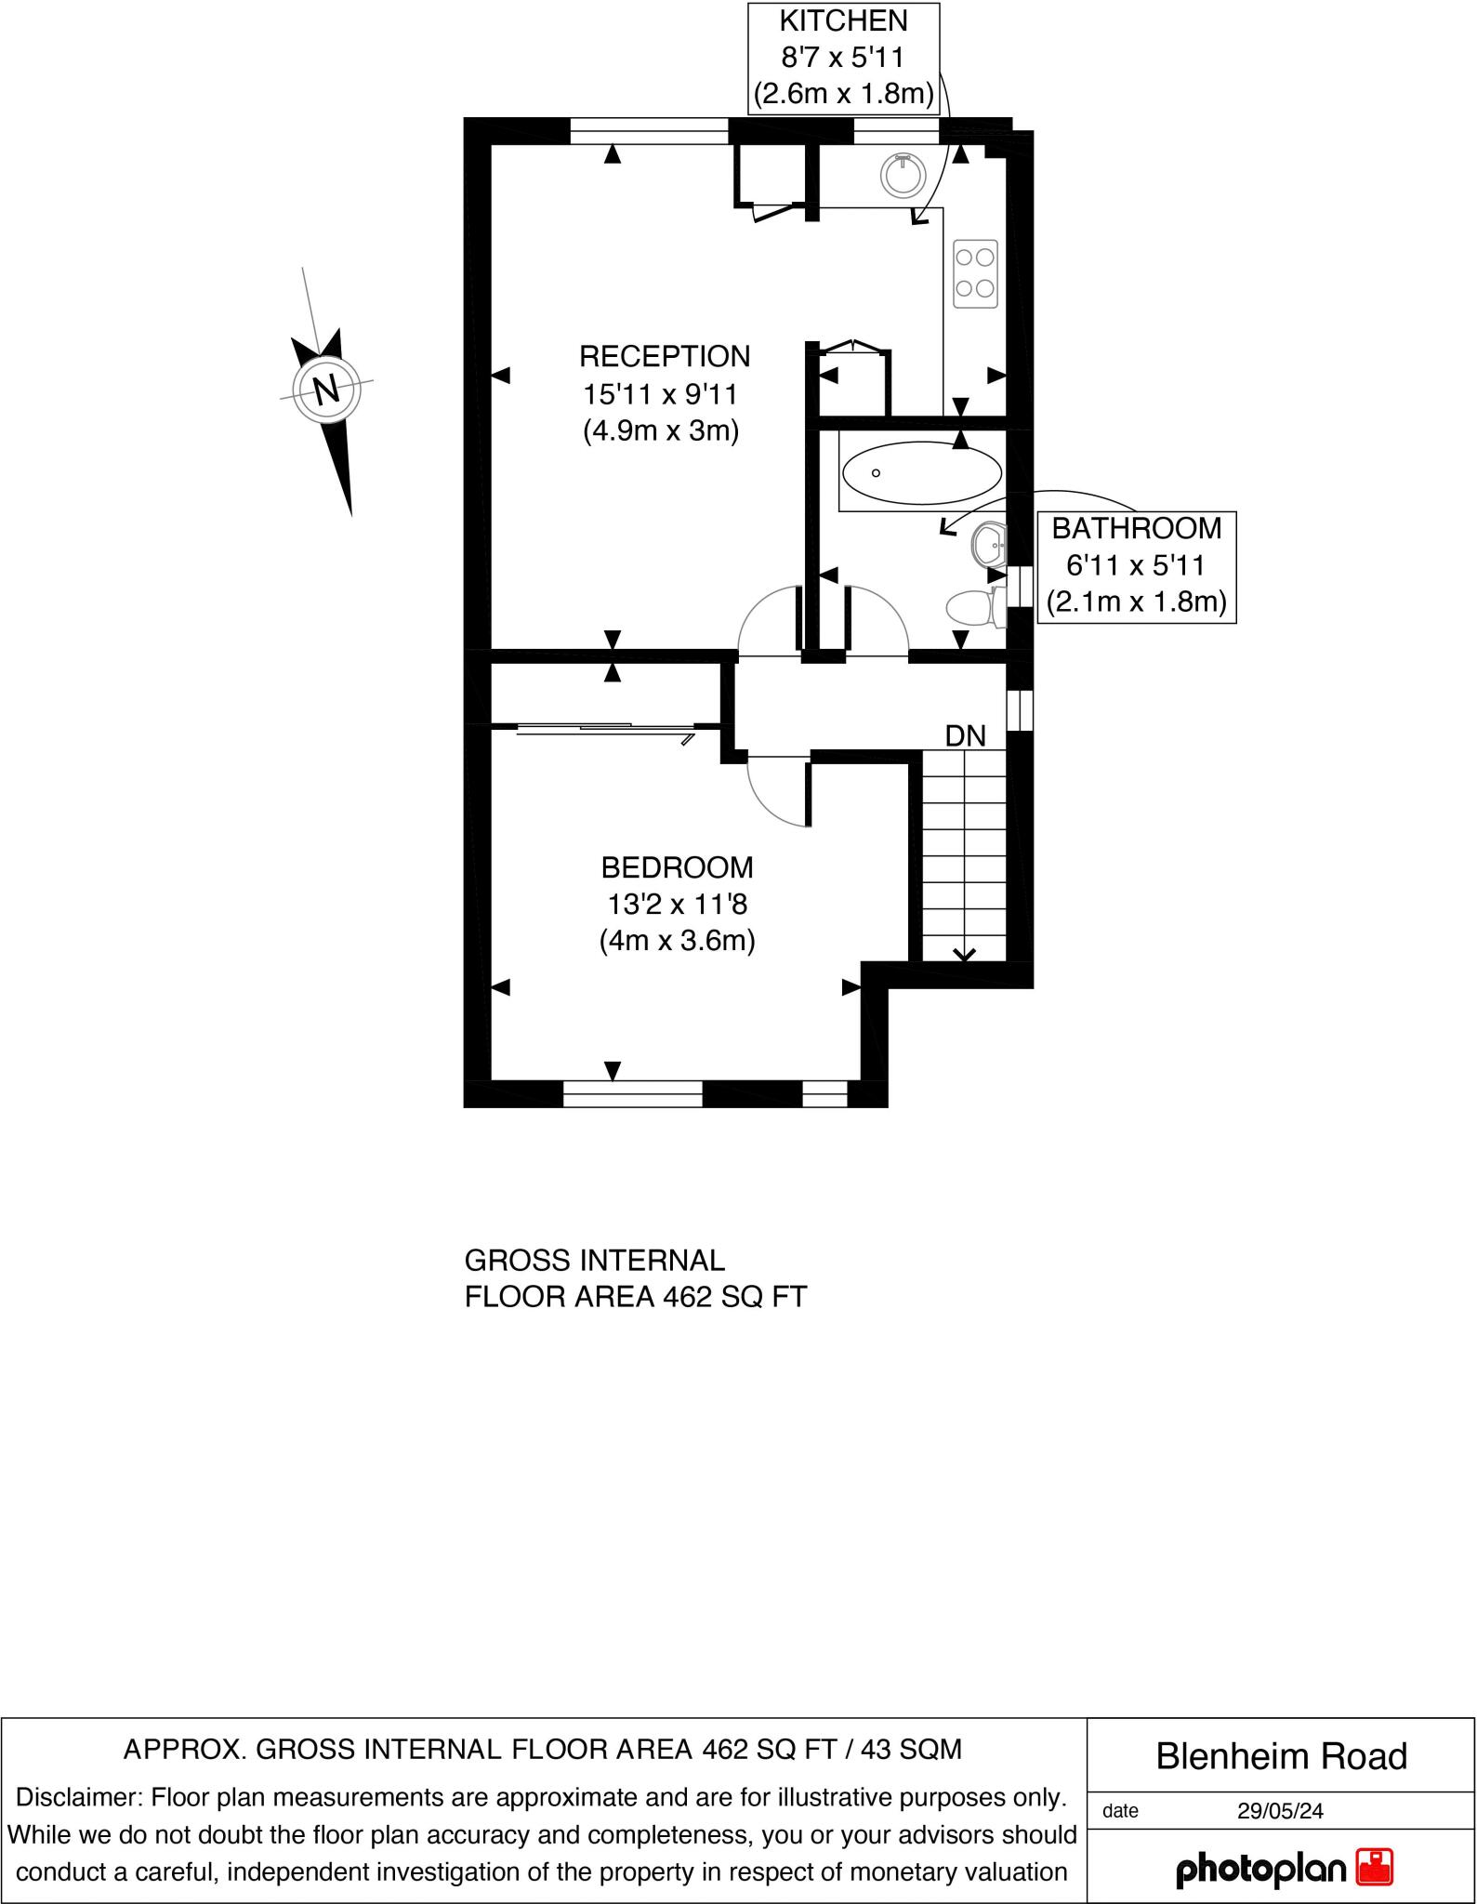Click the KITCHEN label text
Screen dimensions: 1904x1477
843,20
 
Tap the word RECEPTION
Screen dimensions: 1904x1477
665,356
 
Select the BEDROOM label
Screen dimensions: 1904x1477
677,867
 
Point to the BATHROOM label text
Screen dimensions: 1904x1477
1136,528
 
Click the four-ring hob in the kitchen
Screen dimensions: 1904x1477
975,273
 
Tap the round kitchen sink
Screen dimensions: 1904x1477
902,175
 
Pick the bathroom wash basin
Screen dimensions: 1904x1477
989,544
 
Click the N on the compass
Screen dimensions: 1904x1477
326,390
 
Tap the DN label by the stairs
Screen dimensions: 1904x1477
965,736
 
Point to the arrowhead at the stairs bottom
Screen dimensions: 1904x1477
964,954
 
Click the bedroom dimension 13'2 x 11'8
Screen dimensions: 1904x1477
677,904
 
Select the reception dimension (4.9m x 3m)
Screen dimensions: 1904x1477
661,431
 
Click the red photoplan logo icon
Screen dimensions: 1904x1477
1375,1867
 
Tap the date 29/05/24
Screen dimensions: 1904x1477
1280,1810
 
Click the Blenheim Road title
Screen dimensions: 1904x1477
1281,1756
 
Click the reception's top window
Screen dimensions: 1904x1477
648,131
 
